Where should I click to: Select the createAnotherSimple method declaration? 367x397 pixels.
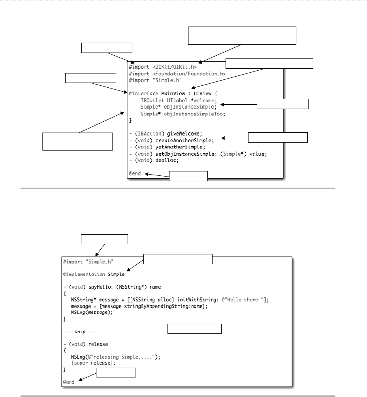pos(174,140)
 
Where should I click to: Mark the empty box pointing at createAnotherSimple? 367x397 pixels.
pos(277,137)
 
